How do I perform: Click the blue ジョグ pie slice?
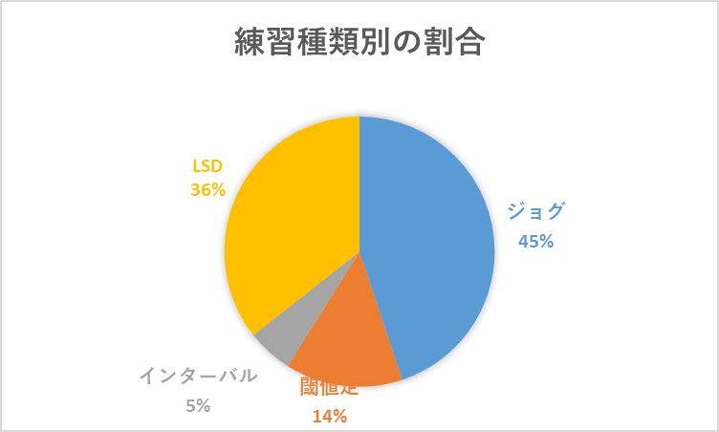[430, 239]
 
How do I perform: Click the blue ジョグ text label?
[536, 212]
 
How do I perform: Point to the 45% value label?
[536, 241]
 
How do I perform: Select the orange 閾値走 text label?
[329, 387]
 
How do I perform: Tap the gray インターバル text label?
[198, 376]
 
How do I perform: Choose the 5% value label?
[198, 405]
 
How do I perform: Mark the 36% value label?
[207, 190]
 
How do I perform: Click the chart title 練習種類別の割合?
[359, 44]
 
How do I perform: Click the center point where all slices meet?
[359, 251]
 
